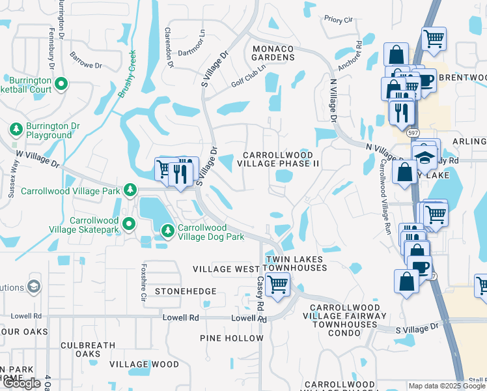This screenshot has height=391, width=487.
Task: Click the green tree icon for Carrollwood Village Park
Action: click(x=130, y=190)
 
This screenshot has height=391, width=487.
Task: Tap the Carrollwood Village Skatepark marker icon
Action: click(x=129, y=224)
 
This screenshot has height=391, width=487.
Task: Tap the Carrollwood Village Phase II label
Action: click(x=281, y=159)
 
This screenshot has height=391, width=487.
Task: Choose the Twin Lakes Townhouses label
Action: click(x=294, y=264)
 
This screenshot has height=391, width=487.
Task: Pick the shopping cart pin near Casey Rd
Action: click(x=278, y=283)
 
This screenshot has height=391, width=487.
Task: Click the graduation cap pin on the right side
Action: click(x=424, y=157)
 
